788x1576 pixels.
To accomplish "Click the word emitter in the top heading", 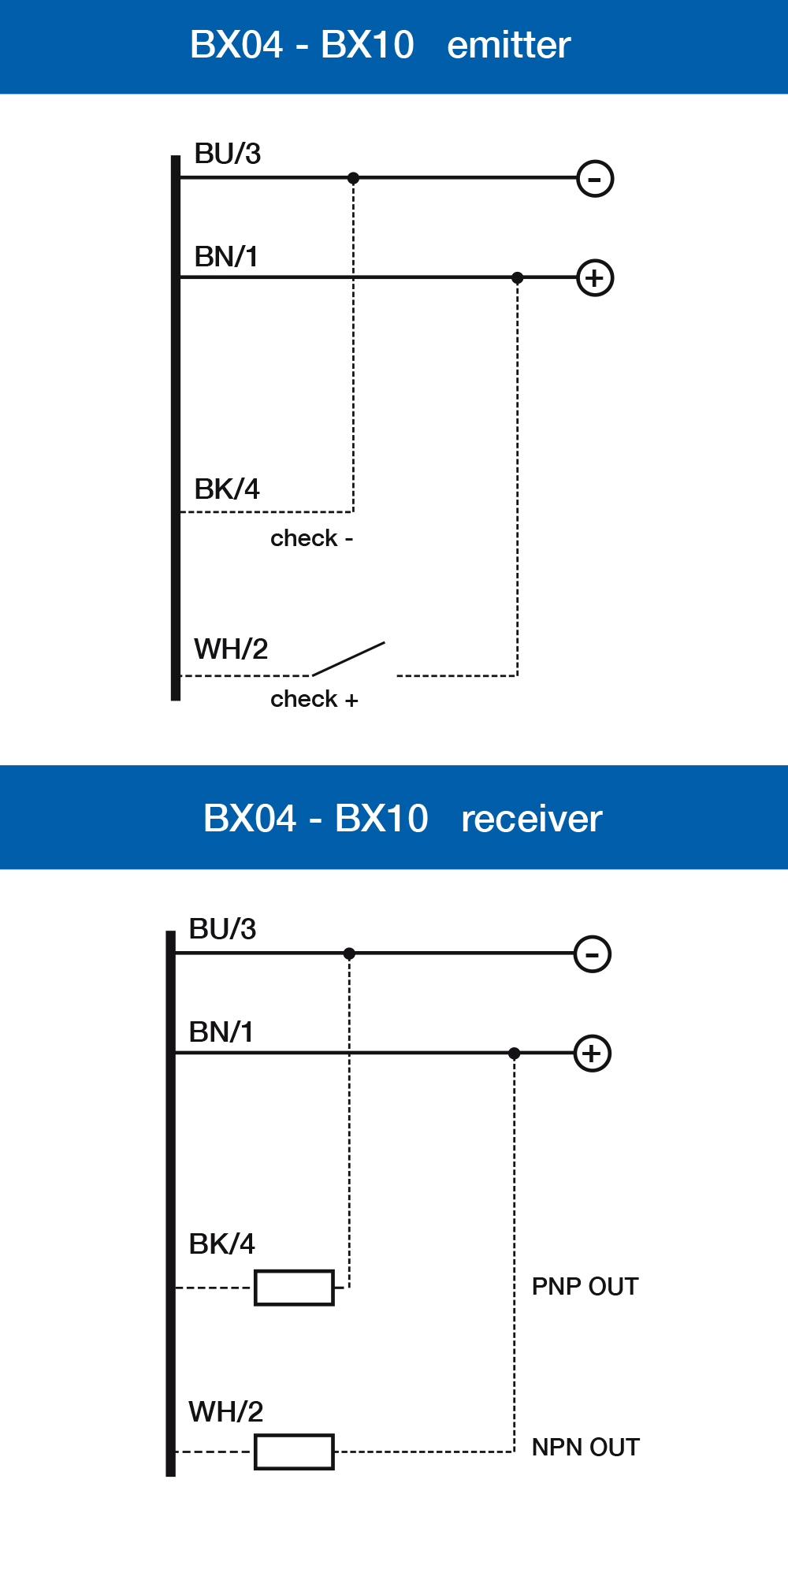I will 508,45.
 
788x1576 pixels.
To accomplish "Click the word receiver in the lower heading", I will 531,819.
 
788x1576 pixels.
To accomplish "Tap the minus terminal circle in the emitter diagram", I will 595,179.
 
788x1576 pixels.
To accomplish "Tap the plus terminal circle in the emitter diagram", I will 595,278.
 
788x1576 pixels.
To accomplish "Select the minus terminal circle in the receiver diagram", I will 593,954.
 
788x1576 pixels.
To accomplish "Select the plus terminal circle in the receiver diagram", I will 593,1054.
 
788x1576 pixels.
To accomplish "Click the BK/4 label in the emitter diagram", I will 227,489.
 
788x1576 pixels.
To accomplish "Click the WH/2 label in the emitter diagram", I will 231,649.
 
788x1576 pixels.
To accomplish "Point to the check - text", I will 311,538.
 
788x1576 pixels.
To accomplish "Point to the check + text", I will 314,699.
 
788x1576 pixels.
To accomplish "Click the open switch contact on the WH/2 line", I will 349,660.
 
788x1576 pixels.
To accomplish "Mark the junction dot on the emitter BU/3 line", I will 353,178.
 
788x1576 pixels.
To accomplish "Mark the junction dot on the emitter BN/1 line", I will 517,277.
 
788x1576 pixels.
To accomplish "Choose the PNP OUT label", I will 585,1287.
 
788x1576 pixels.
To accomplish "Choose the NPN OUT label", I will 585,1448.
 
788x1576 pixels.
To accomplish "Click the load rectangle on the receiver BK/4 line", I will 294,1288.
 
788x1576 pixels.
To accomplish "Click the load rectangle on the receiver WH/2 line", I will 294,1451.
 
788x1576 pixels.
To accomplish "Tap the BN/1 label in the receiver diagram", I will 221,1032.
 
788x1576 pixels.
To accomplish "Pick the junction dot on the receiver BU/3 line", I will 349,953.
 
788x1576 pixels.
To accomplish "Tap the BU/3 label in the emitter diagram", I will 227,154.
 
